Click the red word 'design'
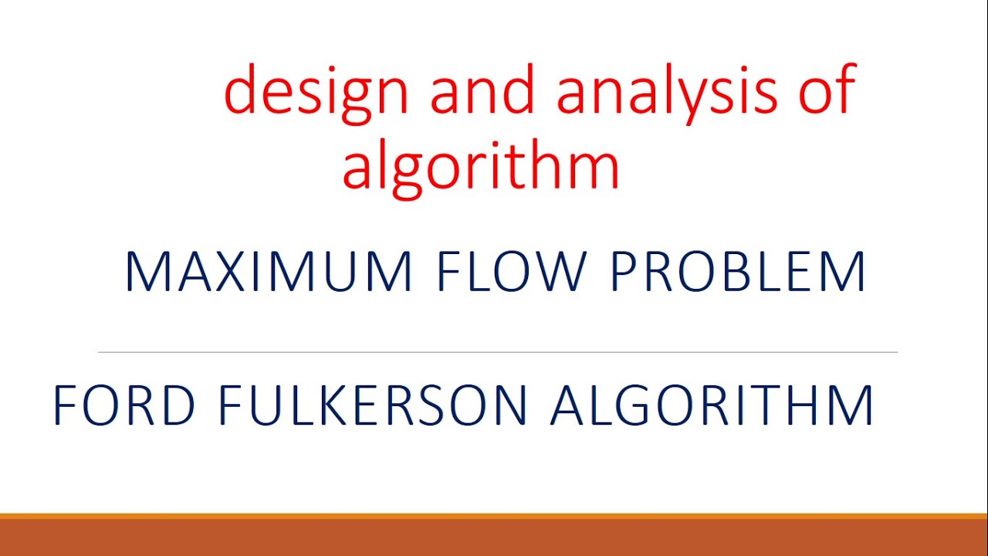coord(316,91)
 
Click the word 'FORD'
coord(123,405)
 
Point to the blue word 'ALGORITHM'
coord(712,405)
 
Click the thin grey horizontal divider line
coord(497,352)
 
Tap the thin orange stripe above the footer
coord(494,515)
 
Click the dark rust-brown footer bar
coord(494,538)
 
